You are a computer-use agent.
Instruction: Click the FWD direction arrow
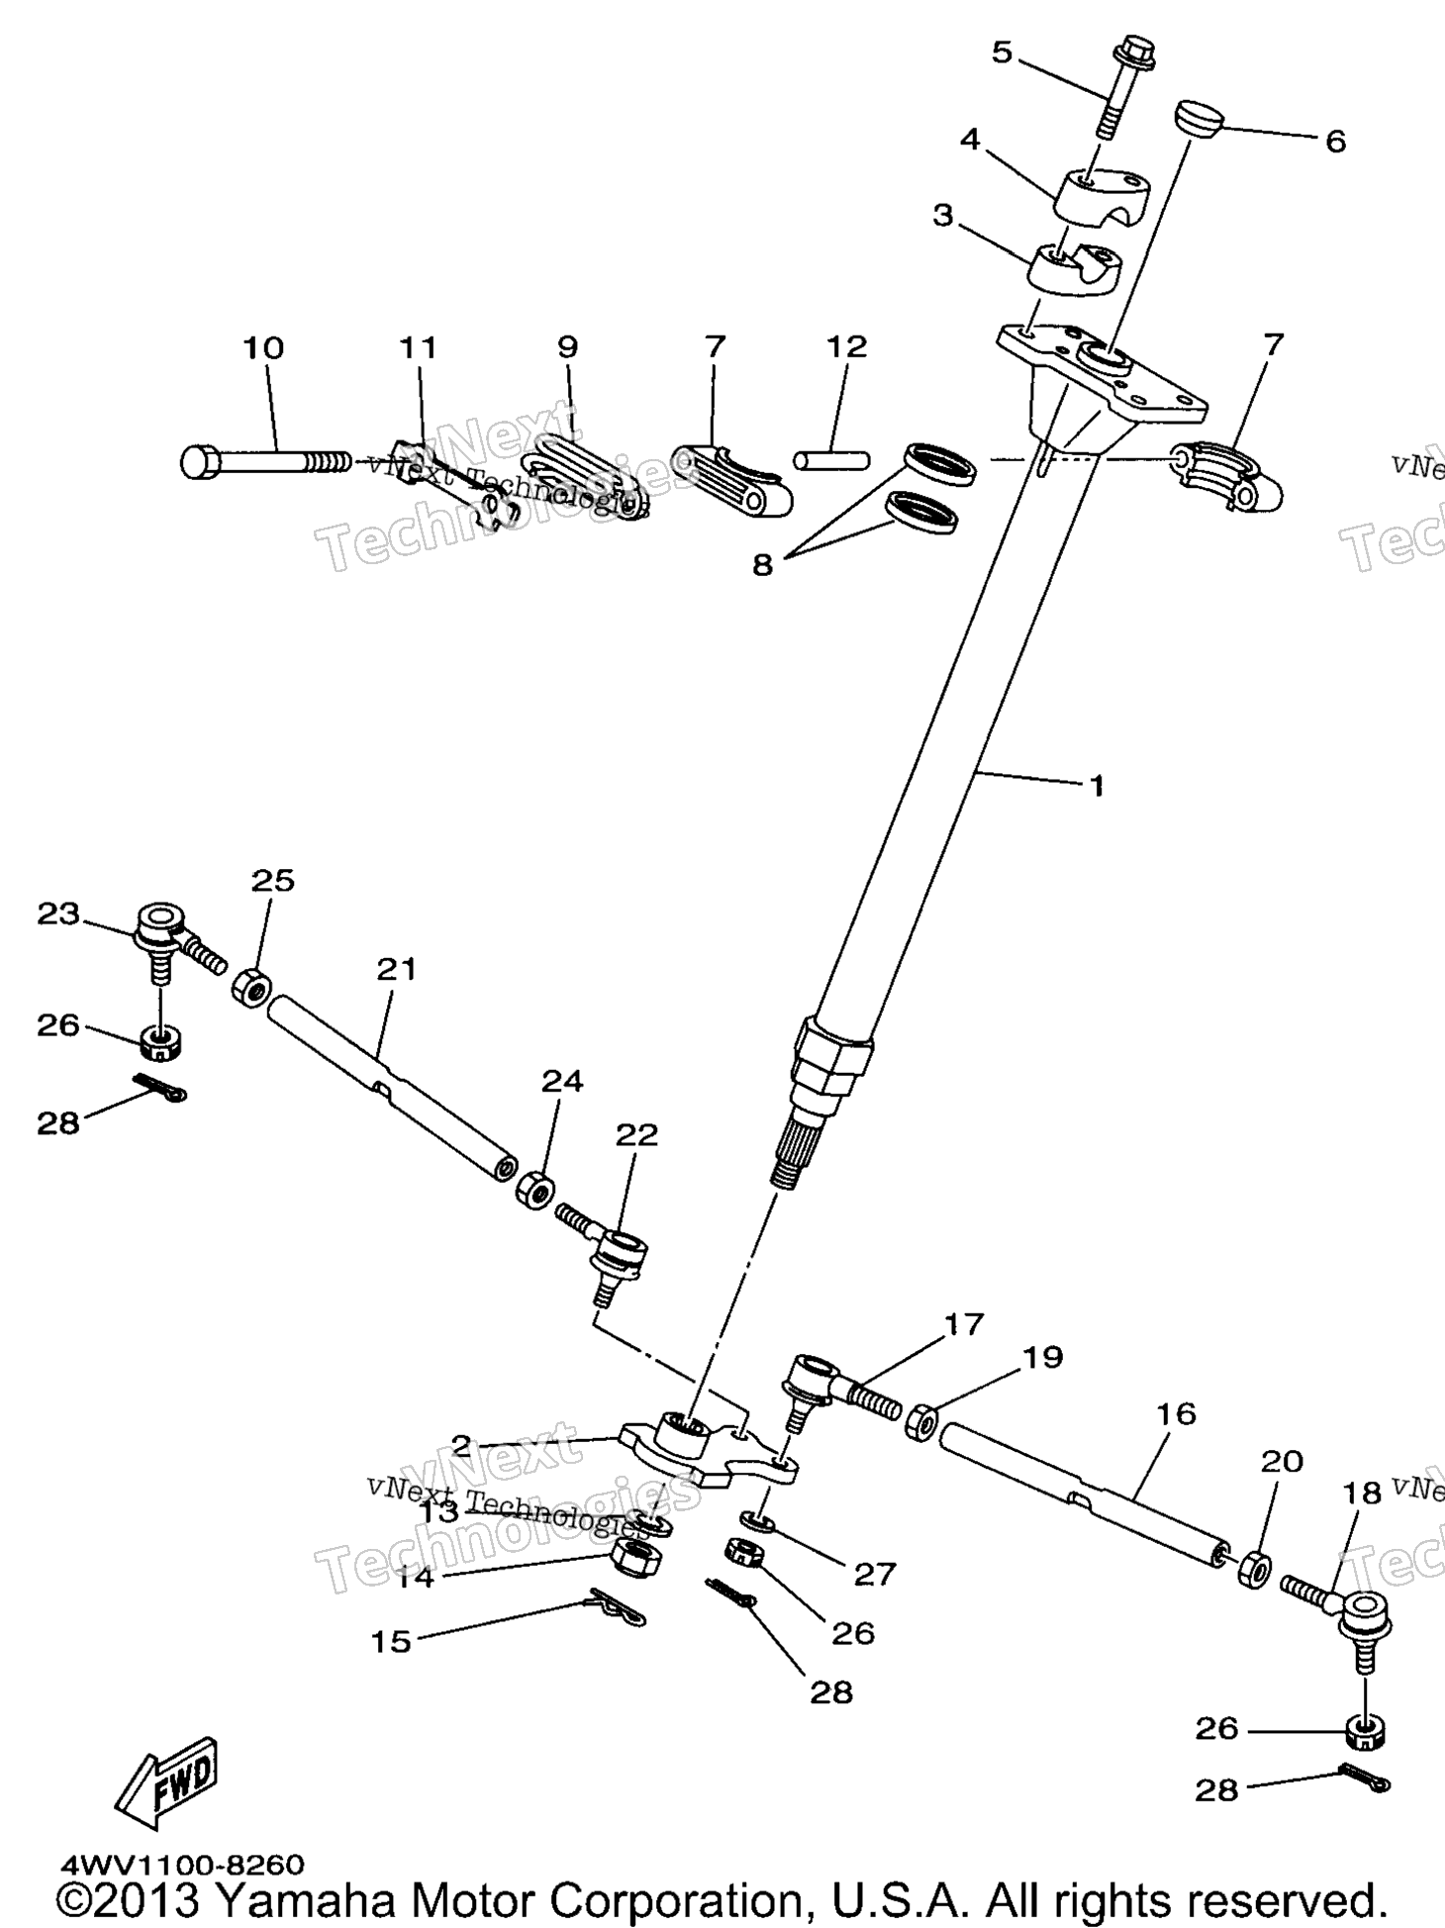[166, 1777]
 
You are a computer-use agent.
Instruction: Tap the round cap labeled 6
[1200, 118]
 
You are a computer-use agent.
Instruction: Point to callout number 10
[263, 347]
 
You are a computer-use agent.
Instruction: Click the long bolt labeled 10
[265, 461]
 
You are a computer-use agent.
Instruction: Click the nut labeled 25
[252, 988]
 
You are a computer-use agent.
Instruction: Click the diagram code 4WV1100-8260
[183, 1865]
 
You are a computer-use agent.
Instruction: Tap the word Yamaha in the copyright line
[303, 1899]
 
